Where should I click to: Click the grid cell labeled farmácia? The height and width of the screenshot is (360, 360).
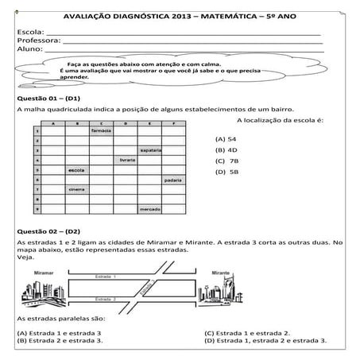(x=101, y=131)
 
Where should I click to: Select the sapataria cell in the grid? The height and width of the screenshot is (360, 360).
(x=151, y=150)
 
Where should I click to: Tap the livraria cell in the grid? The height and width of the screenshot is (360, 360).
(x=126, y=160)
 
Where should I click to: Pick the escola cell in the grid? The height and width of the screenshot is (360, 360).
(x=76, y=170)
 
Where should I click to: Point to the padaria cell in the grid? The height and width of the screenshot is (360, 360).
(x=173, y=180)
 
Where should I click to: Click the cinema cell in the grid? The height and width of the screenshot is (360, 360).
(x=76, y=190)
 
